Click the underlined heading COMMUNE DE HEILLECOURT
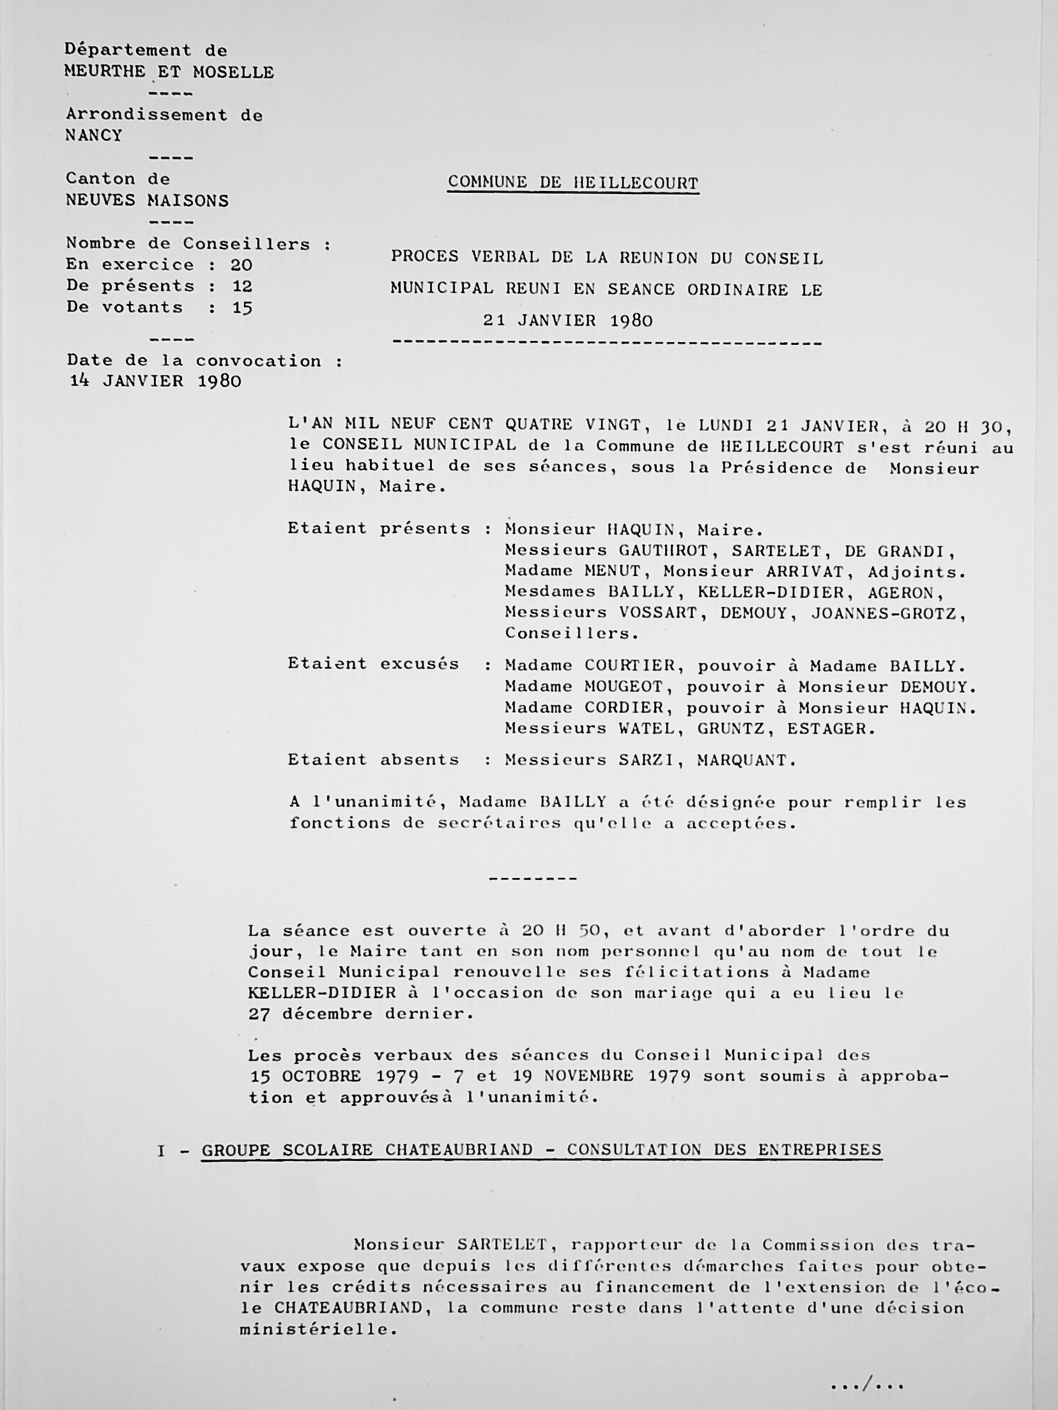point(572,183)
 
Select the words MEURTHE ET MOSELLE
point(169,72)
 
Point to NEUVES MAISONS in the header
point(147,201)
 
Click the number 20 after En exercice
point(241,264)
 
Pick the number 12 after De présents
point(241,285)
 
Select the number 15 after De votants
point(242,307)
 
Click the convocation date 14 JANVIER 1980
point(155,381)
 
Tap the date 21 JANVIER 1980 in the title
point(567,320)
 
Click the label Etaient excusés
point(373,664)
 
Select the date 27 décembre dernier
point(360,1013)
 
